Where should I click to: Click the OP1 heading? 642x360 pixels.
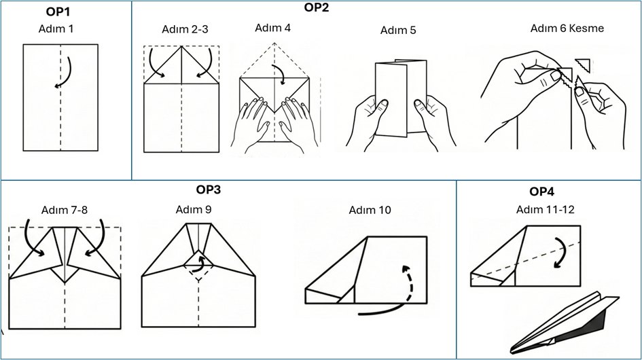58,12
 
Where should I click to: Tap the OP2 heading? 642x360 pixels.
317,7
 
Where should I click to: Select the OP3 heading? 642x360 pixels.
208,190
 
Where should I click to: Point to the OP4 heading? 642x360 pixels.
541,192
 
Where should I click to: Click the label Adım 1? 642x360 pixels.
56,29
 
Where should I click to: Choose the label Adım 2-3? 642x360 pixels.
185,29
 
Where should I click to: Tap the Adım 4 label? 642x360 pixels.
272,27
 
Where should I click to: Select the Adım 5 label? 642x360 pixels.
398,30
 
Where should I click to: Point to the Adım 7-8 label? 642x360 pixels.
65,210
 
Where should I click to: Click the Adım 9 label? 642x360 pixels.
194,209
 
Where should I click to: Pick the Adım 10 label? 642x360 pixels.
370,210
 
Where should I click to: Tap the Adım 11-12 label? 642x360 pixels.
545,209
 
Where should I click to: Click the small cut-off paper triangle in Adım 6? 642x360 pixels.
584,65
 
